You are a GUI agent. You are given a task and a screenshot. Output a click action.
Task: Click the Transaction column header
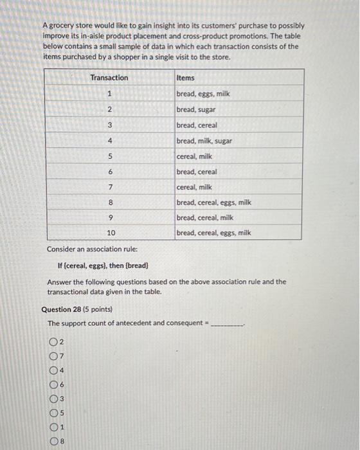point(109,78)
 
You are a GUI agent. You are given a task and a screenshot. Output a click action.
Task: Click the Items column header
point(185,78)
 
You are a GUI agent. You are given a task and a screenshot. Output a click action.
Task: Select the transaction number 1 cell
point(109,94)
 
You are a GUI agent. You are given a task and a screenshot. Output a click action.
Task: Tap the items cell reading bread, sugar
point(196,109)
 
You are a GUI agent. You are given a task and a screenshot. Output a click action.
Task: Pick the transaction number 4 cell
point(109,141)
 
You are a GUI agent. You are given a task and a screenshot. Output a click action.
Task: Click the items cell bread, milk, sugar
point(204,141)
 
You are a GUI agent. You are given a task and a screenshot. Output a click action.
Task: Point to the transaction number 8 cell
point(109,203)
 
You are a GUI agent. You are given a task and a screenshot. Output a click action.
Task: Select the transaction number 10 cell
point(109,233)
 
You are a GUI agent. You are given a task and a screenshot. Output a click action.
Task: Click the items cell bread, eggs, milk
point(203,94)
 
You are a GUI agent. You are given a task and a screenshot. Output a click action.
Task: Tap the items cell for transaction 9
point(204,218)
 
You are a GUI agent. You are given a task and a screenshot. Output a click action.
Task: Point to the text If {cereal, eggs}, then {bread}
point(103,265)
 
